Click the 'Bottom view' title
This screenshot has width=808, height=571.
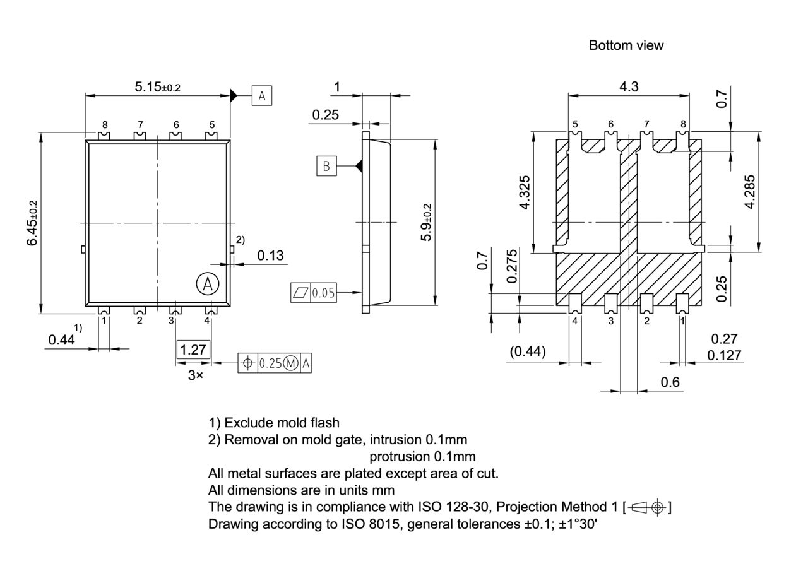tap(626, 45)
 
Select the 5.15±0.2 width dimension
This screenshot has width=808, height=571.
tap(157, 86)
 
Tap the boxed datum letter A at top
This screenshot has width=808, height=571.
tap(262, 96)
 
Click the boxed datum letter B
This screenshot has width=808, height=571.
tap(326, 166)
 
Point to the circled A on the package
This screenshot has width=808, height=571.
tap(207, 284)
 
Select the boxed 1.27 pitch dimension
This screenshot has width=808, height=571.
tap(193, 350)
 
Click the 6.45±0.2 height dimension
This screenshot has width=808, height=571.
tap(32, 223)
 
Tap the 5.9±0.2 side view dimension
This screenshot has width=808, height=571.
tap(427, 222)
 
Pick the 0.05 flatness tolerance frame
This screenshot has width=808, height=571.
tap(314, 293)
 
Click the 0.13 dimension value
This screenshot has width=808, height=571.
tap(270, 256)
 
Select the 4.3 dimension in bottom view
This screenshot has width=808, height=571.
tap(629, 86)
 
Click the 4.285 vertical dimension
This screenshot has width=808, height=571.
tap(749, 192)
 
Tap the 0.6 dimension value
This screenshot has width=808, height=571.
tap(670, 382)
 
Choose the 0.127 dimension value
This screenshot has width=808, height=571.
tap(724, 355)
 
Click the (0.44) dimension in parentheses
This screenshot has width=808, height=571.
tap(528, 351)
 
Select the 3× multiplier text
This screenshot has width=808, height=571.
tap(196, 375)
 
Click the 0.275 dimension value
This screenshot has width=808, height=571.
tap(512, 266)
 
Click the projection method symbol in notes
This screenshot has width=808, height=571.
tap(648, 507)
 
